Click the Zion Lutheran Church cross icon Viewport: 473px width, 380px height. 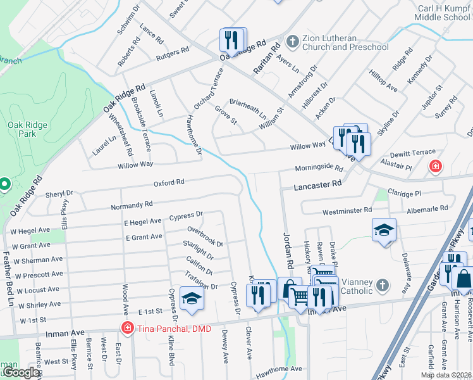[292, 42]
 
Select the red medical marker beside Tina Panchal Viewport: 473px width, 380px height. [127, 327]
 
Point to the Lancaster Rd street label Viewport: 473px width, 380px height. [318, 184]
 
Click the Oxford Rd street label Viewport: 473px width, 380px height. [169, 182]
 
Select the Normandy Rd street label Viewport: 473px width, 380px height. [132, 205]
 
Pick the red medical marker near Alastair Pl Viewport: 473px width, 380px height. [435, 167]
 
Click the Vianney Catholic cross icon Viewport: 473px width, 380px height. [382, 286]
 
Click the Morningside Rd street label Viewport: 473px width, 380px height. [319, 169]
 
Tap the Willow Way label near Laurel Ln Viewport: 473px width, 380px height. [135, 165]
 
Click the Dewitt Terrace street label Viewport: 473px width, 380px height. [414, 153]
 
